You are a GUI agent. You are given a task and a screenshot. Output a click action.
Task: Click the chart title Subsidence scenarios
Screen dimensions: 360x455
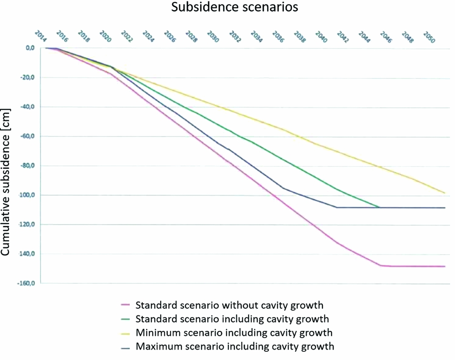coord(227,8)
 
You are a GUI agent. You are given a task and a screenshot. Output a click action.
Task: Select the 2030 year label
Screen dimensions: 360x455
coord(213,36)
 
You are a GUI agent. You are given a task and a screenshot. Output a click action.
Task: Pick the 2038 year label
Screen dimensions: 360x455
coord(299,36)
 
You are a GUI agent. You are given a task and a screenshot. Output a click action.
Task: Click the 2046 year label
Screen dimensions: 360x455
coord(386,36)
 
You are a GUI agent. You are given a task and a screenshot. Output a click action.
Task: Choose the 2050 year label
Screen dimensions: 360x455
coord(429,36)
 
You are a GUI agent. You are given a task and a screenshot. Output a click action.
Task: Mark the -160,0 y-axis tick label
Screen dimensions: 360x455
coord(27,284)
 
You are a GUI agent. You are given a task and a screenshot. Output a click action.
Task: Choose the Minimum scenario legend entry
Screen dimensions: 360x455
coord(233,332)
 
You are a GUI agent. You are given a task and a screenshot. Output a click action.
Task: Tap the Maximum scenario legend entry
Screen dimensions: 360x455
coord(235,346)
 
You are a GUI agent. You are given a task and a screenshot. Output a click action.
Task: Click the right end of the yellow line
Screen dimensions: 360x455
coord(445,193)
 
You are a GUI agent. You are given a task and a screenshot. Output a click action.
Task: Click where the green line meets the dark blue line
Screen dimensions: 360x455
coord(379,207)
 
